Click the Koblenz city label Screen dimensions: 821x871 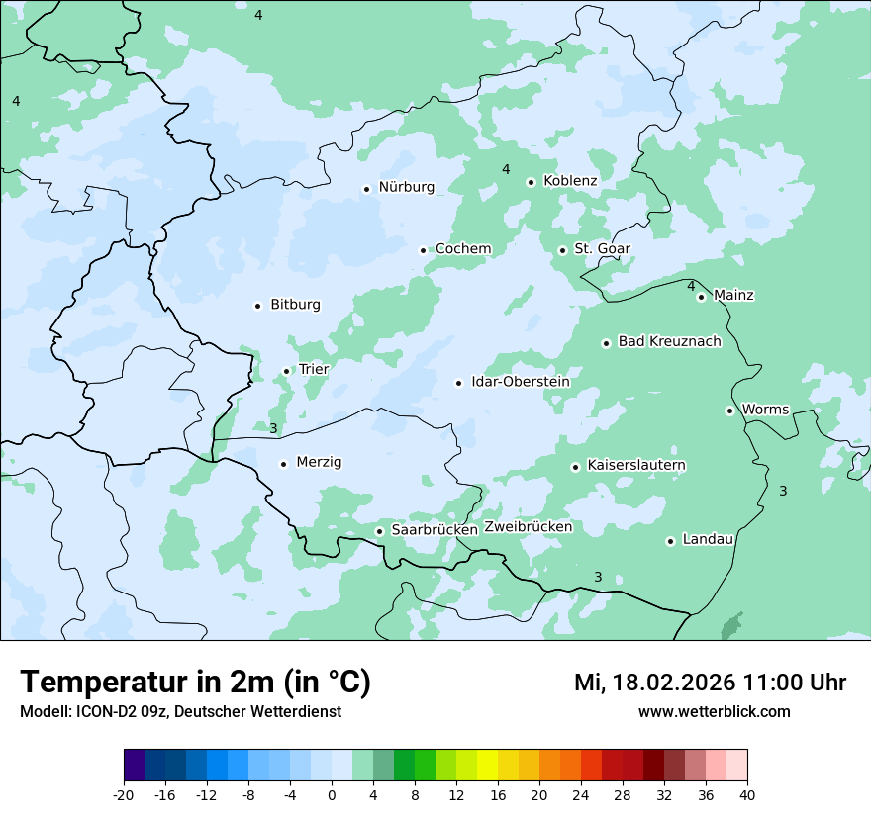click(570, 181)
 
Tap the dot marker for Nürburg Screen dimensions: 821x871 click(366, 189)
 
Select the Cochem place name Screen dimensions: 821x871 click(462, 249)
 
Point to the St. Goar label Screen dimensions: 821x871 click(602, 249)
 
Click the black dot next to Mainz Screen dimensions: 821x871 click(701, 297)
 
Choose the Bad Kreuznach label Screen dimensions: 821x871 click(669, 342)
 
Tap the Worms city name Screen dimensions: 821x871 click(765, 410)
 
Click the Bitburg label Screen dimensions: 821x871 click(295, 305)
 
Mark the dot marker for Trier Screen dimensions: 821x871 click(287, 372)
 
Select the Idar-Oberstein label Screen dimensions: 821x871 click(521, 382)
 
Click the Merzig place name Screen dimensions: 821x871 click(319, 463)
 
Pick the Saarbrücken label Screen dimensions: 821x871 click(435, 530)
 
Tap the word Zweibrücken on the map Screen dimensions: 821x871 click(528, 527)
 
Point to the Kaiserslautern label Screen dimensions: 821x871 click(636, 466)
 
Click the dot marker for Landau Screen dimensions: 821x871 click(670, 541)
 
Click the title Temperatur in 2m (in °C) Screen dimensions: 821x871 click(195, 683)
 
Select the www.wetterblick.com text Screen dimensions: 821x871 click(714, 712)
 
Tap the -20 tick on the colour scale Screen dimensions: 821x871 click(124, 795)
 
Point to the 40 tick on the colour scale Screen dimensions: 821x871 click(747, 795)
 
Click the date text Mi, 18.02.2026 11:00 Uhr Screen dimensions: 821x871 click(710, 683)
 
